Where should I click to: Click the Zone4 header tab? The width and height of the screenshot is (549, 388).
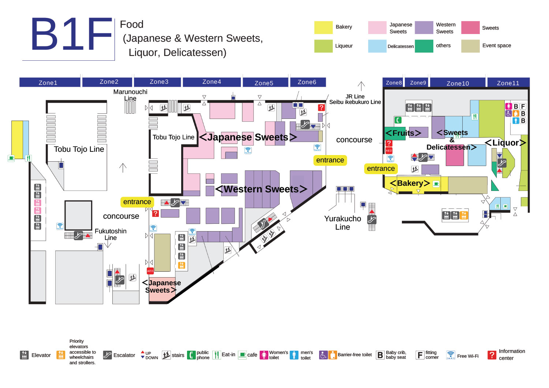coord(212,82)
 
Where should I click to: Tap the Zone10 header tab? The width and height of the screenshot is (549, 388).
coord(457,83)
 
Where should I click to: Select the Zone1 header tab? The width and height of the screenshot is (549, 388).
coord(48,83)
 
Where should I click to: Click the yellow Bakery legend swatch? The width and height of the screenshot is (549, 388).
coord(323,27)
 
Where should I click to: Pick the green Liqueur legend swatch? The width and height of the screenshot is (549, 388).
coord(323,46)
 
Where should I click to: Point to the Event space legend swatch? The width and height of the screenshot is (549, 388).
coord(470,46)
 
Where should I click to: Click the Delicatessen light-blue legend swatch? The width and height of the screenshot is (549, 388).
coord(377,46)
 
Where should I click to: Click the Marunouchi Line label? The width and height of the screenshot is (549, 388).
coord(130,95)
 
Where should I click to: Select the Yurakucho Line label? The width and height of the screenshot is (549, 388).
coord(343,223)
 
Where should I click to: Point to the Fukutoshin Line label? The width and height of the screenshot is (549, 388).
coord(111,234)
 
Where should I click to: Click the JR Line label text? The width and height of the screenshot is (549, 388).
coord(355,97)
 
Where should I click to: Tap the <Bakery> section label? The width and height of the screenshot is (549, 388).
coord(410,183)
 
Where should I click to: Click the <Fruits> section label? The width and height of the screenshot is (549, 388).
coord(403,133)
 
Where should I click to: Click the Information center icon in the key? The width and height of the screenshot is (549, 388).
coord(492,355)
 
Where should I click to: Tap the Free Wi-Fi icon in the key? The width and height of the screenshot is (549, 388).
coord(451,355)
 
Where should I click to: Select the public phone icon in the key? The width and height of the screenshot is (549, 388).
coord(191,355)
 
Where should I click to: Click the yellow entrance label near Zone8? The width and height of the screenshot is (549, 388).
coord(381,169)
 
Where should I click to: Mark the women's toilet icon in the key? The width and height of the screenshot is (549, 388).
coord(264,355)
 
